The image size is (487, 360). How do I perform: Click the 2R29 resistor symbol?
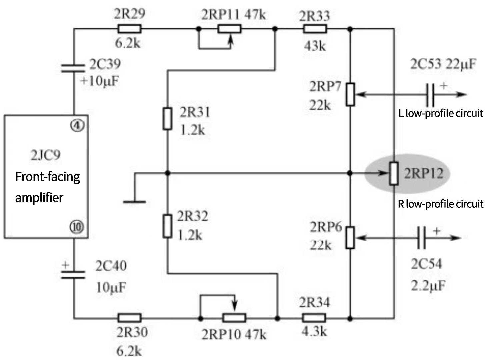(129, 29)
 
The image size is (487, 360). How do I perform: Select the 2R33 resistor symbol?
(315, 29)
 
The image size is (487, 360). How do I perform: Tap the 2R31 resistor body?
(167, 119)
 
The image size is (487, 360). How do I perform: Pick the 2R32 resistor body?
(167, 226)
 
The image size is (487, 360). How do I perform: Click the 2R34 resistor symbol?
(314, 318)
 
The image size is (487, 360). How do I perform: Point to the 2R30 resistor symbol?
(129, 318)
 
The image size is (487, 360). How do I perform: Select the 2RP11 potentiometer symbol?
(229, 29)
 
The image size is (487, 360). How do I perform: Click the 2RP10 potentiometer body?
(234, 318)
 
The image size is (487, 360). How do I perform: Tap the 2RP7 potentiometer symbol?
(350, 94)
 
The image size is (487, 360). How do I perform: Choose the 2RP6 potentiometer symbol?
(350, 237)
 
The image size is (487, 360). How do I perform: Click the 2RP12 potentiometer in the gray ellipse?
(394, 173)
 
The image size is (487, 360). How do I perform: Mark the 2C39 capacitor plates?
(73, 69)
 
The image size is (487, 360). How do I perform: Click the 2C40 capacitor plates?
(73, 275)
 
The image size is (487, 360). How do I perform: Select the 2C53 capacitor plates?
(430, 94)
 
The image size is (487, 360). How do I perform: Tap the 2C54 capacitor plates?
(421, 237)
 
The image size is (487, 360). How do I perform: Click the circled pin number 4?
(77, 125)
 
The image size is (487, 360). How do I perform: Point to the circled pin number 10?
(77, 227)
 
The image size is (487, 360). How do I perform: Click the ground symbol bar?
(134, 202)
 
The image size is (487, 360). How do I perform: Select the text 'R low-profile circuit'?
(440, 204)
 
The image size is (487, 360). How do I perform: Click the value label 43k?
(315, 46)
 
